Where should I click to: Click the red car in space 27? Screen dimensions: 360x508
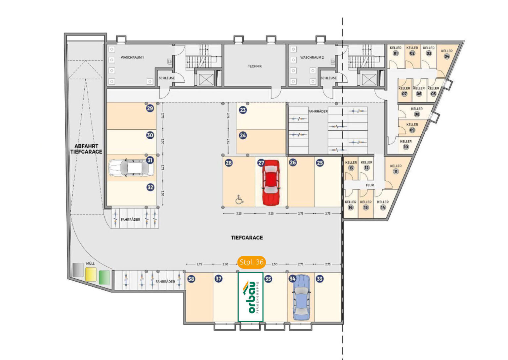point(271,183)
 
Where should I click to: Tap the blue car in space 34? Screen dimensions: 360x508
point(301,297)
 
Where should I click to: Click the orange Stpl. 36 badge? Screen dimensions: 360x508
point(252,262)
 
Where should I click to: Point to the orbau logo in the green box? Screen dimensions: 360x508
point(251,297)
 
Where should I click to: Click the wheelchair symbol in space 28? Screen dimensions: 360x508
point(239,200)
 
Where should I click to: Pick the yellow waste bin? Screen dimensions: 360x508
point(91,274)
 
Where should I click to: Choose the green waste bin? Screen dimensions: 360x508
point(104,277)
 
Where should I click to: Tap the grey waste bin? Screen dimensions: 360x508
point(78,270)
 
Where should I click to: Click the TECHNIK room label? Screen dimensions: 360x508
point(255,66)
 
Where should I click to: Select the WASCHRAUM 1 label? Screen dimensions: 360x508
point(132,58)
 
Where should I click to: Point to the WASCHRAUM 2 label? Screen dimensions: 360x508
point(312,58)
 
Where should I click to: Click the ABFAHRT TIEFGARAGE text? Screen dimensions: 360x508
point(86,149)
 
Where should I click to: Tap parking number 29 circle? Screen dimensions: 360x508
point(150,108)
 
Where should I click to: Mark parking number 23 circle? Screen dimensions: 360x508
point(243,110)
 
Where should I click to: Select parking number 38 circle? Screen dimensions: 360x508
point(191,279)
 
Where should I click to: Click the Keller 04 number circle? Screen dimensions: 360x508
point(447,56)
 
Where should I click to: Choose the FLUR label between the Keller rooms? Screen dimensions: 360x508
point(370,185)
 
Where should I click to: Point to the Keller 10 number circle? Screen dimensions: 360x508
point(406,147)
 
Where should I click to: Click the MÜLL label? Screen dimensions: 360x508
point(90,263)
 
